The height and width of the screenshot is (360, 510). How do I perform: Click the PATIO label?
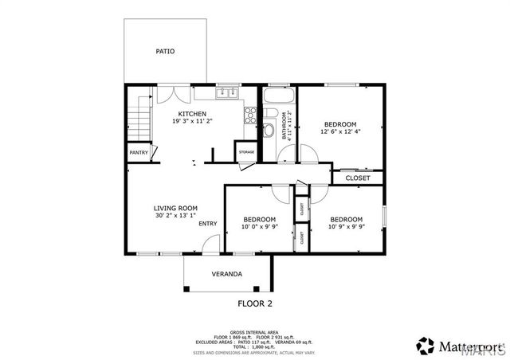pos(165,52)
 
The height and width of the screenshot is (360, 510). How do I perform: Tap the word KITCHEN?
pos(192,114)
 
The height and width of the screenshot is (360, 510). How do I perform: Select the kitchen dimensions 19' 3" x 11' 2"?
pos(192,122)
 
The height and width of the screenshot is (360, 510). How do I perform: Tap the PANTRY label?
pos(139,152)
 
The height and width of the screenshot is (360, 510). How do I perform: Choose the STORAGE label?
pos(245,151)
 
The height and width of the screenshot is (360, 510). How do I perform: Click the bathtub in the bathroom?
pos(280,100)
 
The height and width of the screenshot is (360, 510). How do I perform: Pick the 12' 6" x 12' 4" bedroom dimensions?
pos(339,132)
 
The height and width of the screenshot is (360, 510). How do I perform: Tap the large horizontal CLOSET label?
pos(357,178)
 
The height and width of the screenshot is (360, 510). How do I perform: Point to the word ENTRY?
pos(207,224)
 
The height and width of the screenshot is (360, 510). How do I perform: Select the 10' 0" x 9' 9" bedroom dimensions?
pos(260,227)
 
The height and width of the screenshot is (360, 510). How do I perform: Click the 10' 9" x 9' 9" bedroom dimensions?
pos(346,227)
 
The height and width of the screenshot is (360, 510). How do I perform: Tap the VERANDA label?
pos(226,274)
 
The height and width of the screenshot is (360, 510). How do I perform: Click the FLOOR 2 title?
pos(255,303)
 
